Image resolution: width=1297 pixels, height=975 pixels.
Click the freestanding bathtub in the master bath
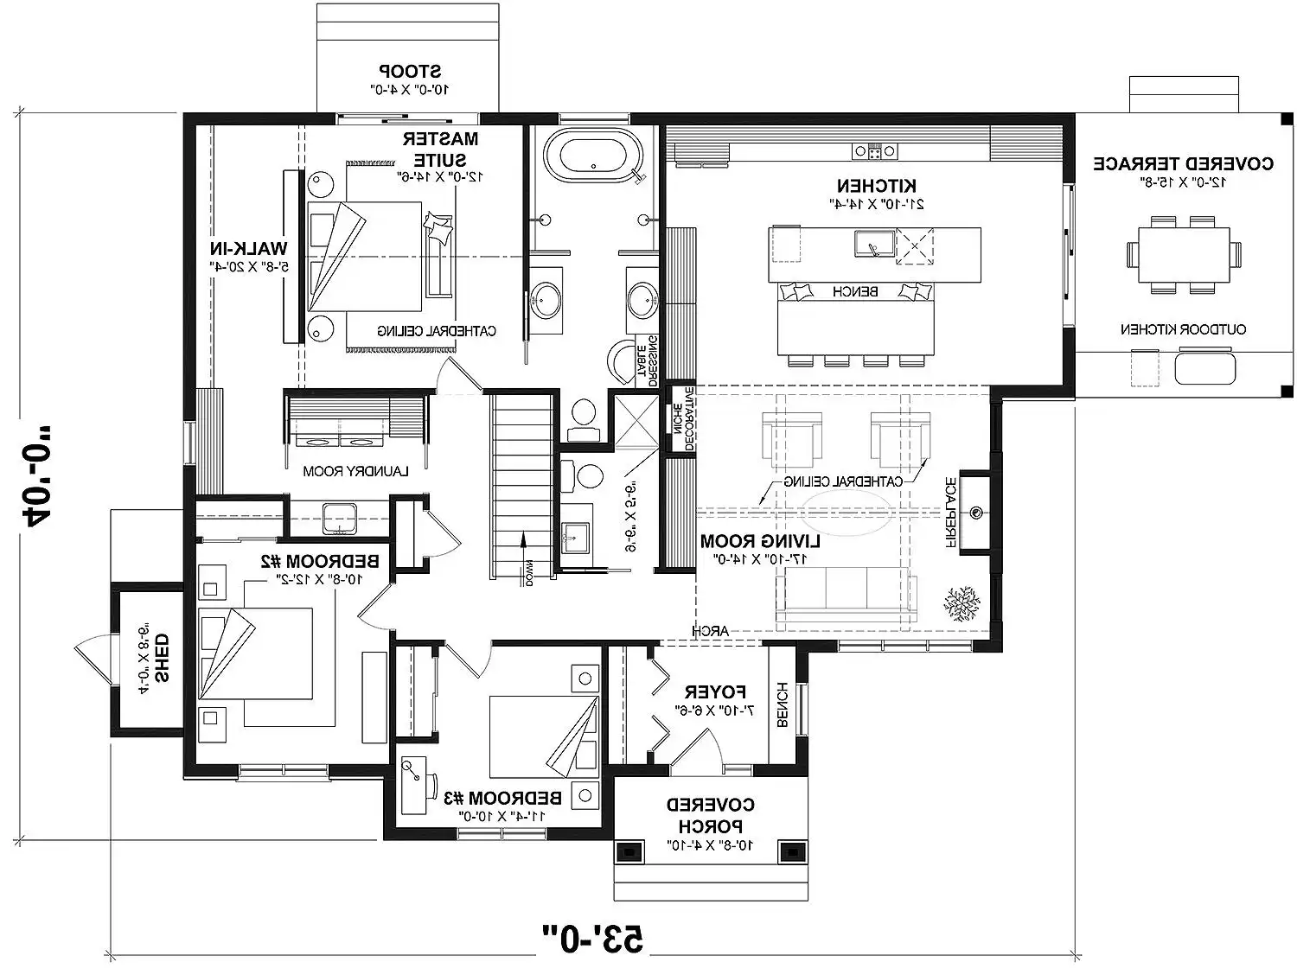click(593, 156)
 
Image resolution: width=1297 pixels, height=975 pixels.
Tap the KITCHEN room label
click(876, 186)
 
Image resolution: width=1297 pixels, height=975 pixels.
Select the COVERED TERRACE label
click(1183, 163)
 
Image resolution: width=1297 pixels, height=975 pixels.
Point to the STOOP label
click(410, 71)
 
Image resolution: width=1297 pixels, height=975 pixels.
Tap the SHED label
click(162, 657)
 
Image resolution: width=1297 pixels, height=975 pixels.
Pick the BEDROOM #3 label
click(502, 797)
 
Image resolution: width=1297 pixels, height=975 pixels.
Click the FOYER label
click(715, 691)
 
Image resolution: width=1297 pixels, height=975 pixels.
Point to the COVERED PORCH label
click(710, 815)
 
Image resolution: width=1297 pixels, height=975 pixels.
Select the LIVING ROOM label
click(760, 541)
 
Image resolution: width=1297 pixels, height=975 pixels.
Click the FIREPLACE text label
click(949, 513)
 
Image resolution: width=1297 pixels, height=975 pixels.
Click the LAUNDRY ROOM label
click(355, 471)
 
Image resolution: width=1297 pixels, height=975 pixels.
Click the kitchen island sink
click(870, 245)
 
